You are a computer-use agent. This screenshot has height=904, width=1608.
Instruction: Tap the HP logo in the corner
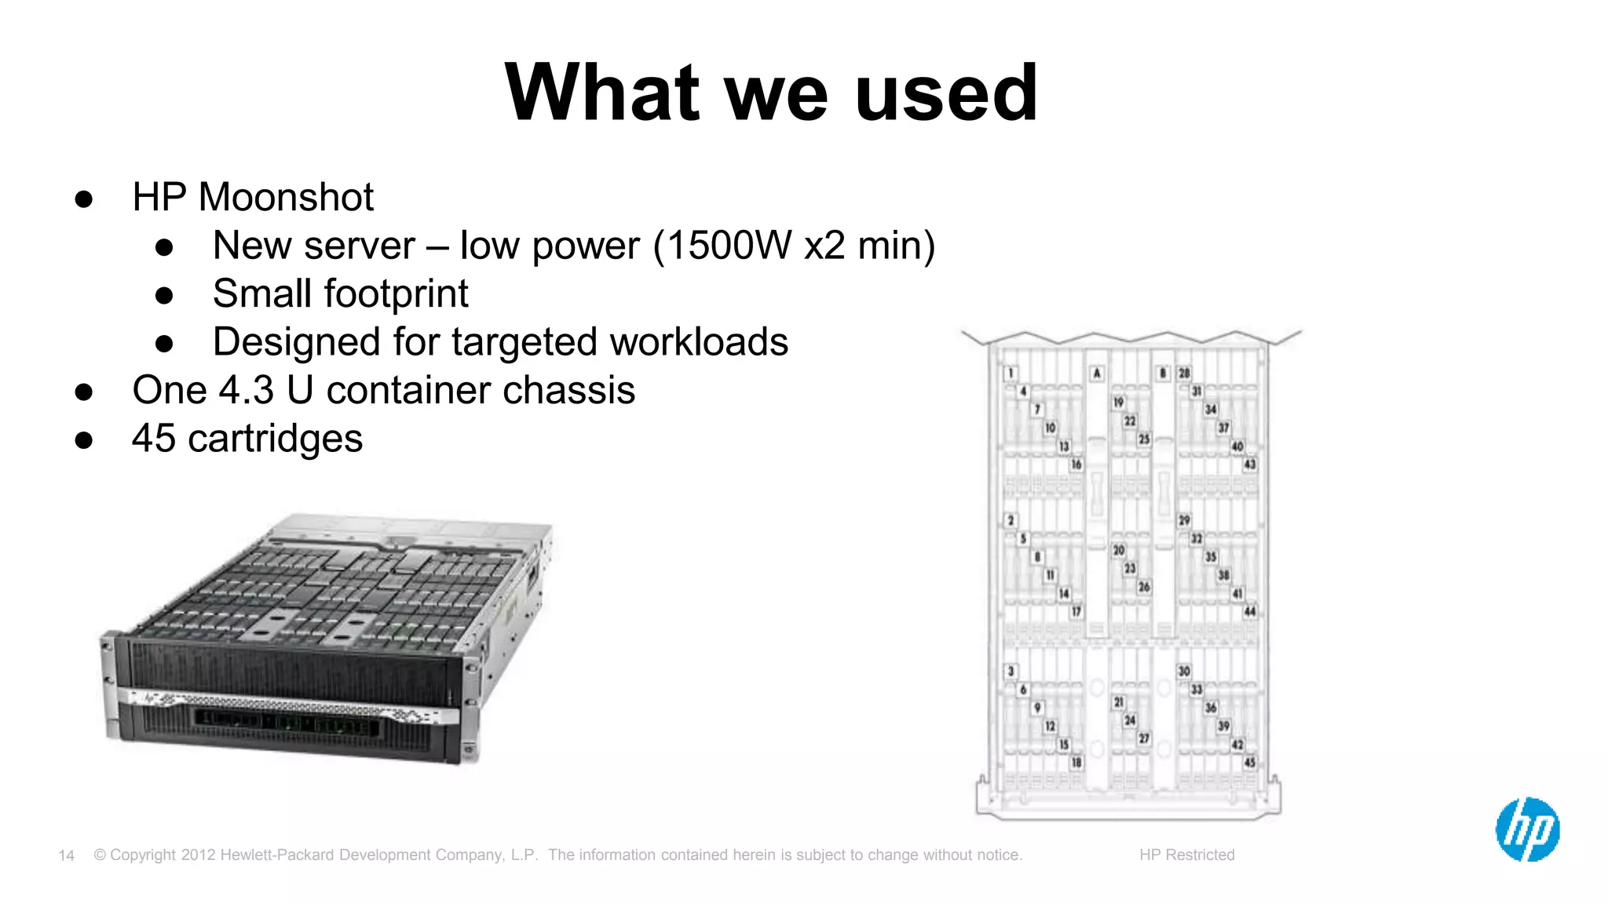click(1527, 829)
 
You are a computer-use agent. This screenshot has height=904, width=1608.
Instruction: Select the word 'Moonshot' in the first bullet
click(286, 196)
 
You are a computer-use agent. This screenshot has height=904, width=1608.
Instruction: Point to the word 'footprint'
click(396, 294)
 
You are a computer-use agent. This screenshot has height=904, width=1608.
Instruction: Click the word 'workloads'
click(698, 342)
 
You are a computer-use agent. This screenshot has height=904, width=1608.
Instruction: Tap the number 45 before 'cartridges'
click(154, 438)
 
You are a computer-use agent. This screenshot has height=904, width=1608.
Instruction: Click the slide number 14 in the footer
click(67, 855)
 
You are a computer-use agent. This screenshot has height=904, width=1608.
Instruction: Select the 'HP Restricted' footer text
click(1186, 855)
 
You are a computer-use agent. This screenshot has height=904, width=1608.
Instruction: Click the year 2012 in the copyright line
click(198, 855)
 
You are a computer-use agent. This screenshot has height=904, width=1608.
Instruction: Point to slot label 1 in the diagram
click(1011, 374)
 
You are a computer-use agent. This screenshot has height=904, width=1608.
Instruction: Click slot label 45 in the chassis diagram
click(1250, 762)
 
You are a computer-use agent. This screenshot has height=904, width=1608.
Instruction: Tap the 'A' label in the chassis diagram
click(1097, 374)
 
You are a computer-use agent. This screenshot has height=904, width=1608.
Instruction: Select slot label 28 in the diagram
click(1184, 374)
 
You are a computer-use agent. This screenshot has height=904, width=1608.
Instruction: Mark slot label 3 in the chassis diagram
click(1011, 671)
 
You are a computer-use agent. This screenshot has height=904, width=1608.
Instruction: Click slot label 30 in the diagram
click(1184, 671)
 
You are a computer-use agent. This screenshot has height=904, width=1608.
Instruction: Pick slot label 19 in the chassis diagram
click(1118, 403)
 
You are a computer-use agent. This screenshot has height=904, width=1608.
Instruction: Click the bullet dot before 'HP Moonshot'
click(84, 199)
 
